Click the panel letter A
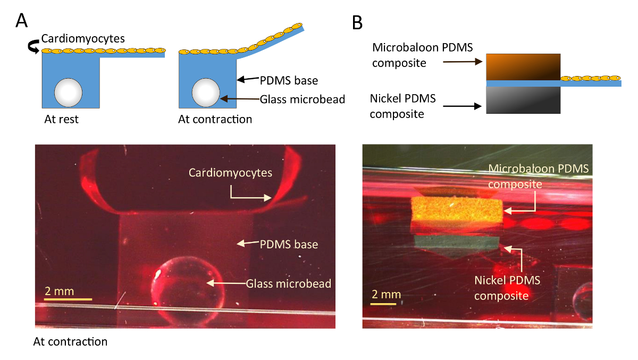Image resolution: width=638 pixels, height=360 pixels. tap(22, 20)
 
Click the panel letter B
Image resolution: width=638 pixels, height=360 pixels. tap(358, 22)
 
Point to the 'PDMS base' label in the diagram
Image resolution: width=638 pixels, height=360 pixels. tap(289, 81)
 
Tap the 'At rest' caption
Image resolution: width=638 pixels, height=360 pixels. tap(61, 119)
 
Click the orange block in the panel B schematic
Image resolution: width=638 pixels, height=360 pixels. tap(523, 66)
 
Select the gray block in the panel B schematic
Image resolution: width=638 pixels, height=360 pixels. tap(523, 100)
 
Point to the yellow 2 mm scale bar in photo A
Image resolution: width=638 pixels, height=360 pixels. tap(68, 299)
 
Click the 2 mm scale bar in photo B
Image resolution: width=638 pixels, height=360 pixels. tap(383, 304)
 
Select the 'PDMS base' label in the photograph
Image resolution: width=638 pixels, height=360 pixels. tap(289, 245)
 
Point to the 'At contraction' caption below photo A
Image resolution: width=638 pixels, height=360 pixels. tap(70, 341)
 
